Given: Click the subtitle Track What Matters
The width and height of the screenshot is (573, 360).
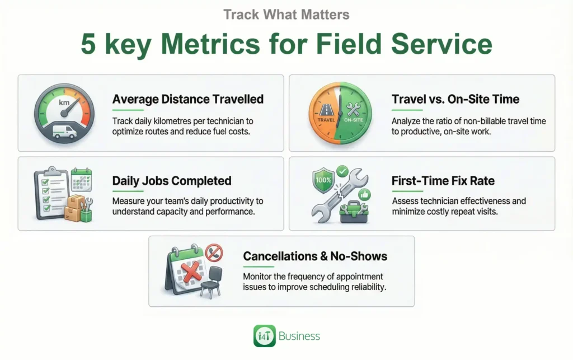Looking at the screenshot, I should click(x=286, y=14).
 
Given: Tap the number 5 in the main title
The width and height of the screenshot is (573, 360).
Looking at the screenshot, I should click(x=88, y=44).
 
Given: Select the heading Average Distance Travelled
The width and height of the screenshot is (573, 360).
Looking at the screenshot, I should click(x=187, y=99).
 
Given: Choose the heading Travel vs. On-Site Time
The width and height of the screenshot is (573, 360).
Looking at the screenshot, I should click(x=455, y=99).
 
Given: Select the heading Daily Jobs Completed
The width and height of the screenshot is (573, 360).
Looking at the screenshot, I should click(x=171, y=181).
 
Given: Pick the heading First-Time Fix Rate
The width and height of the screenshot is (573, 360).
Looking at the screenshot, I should click(x=443, y=181).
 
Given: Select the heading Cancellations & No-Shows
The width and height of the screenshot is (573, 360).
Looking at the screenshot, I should click(x=315, y=256).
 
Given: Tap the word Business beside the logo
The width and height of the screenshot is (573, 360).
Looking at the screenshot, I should click(x=299, y=336).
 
